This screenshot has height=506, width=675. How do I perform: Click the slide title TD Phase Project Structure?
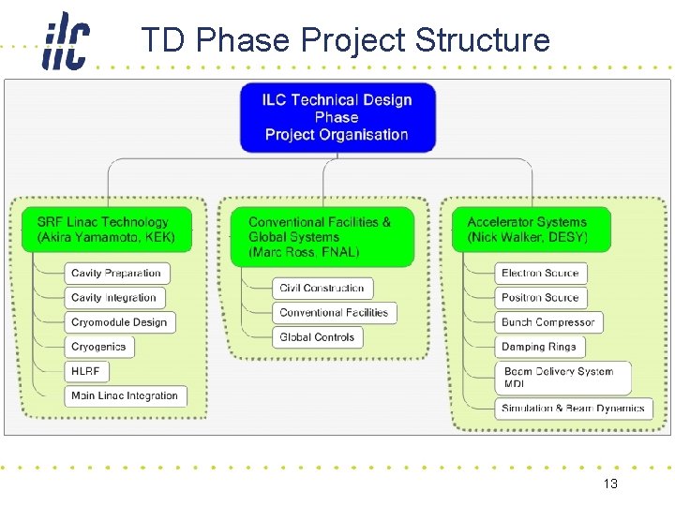coord(345,40)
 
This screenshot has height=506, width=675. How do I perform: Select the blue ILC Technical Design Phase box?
coord(337,117)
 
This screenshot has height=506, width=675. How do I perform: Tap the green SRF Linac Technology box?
coord(106,230)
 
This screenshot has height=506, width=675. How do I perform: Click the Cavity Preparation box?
coord(116,274)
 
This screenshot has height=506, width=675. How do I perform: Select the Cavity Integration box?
coord(114,298)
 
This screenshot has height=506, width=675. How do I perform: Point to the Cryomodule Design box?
coord(119,322)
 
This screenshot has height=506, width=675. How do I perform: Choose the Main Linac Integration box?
coord(125,395)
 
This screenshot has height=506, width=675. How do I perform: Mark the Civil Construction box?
coord(322,288)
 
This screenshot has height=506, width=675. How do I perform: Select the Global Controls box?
coord(317,337)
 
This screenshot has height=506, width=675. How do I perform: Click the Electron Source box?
coord(540,274)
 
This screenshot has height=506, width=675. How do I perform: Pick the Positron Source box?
coord(540,298)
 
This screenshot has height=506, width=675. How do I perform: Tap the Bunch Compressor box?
coord(547,322)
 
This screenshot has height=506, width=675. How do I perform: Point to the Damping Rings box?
coord(539,347)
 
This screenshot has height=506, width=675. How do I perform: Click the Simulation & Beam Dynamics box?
coord(573,409)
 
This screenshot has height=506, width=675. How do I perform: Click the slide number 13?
coord(610,484)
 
